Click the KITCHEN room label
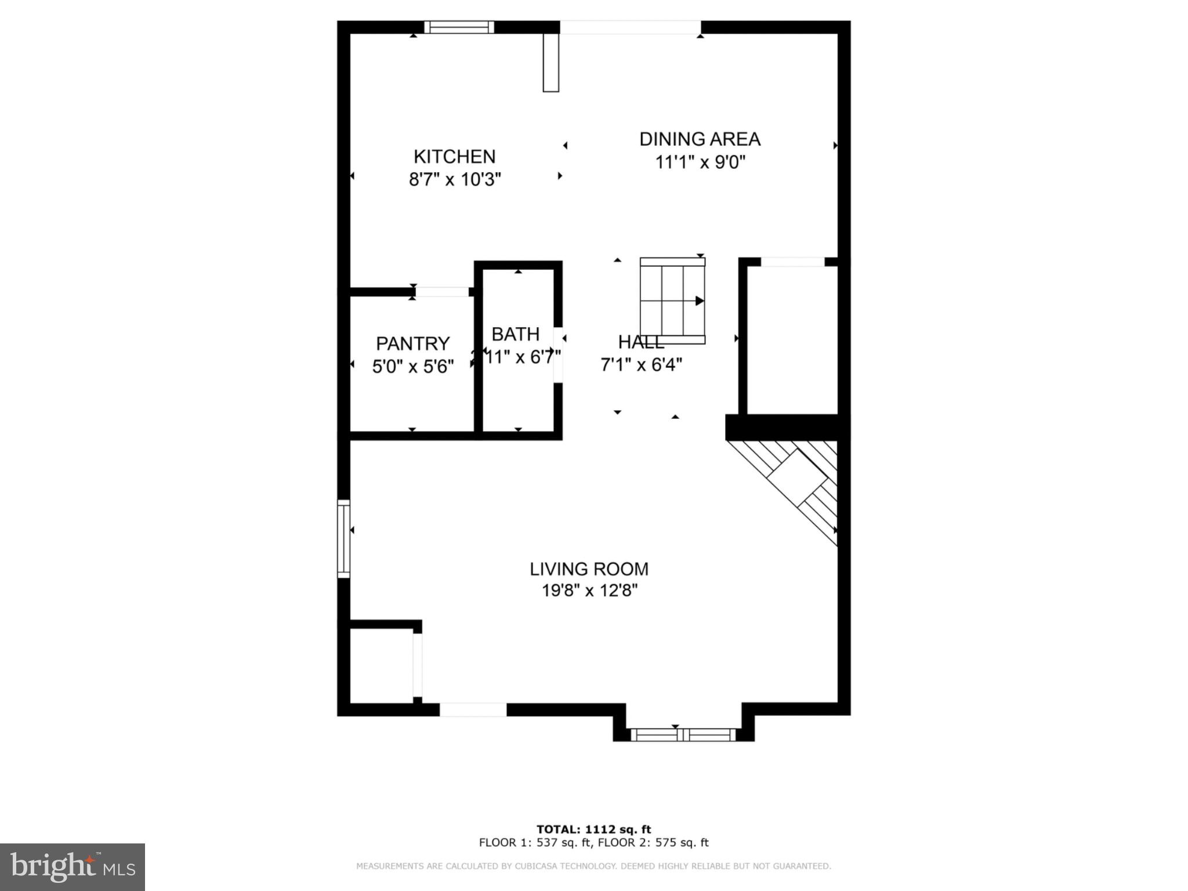pyautogui.click(x=454, y=157)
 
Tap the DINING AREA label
pyautogui.click(x=700, y=139)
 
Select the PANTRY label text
pyautogui.click(x=412, y=343)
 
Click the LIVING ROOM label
pyautogui.click(x=589, y=568)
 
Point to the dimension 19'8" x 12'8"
pyautogui.click(x=589, y=591)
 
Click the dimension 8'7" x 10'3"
pyautogui.click(x=455, y=179)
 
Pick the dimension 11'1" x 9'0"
pyautogui.click(x=700, y=162)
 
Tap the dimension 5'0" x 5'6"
pyautogui.click(x=412, y=366)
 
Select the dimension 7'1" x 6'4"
pyautogui.click(x=641, y=364)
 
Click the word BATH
pyautogui.click(x=515, y=334)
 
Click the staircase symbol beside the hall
pyautogui.click(x=672, y=300)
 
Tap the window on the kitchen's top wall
pyautogui.click(x=459, y=27)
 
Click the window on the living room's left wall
pyautogui.click(x=343, y=538)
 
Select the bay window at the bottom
pyautogui.click(x=683, y=734)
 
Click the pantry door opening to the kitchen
pyautogui.click(x=442, y=292)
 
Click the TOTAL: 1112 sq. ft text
pyautogui.click(x=593, y=829)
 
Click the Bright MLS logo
pyautogui.click(x=73, y=867)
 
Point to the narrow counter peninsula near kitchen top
pyautogui.click(x=550, y=63)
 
